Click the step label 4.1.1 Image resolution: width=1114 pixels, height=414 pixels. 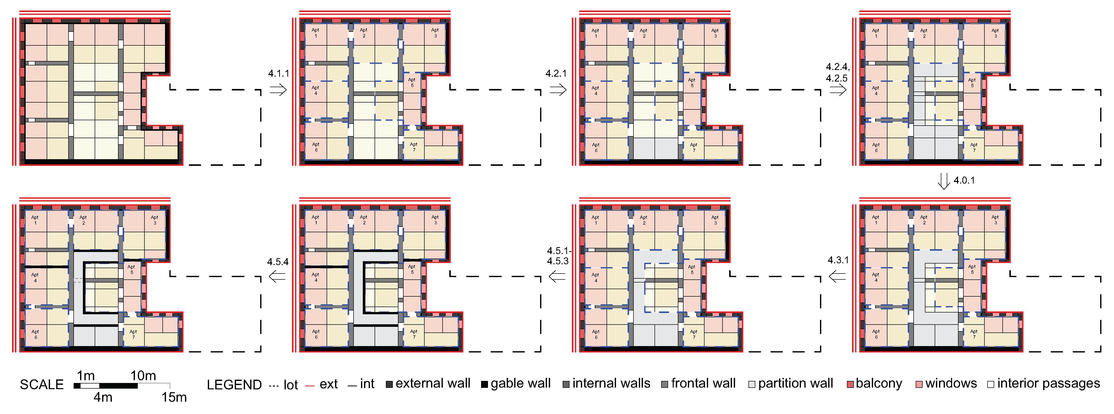tap(279, 74)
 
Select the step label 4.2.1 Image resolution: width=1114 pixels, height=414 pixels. tap(556, 74)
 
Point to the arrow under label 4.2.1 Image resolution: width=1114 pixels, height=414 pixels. tap(558, 90)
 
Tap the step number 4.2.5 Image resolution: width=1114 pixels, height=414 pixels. tap(837, 78)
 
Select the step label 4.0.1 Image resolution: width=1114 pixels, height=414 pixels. tap(964, 180)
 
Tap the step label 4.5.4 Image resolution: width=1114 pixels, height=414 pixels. tap(278, 261)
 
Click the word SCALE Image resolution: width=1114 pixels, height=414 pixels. tap(42, 385)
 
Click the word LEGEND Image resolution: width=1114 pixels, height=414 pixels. tap(234, 385)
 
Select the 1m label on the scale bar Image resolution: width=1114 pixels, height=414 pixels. tap(86, 376)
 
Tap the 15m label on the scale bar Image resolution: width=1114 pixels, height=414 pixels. tap(174, 397)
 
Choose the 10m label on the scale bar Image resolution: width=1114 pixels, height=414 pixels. tap(143, 376)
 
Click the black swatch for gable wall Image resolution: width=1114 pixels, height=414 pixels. tap(484, 384)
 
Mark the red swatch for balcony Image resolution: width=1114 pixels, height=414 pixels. tap(850, 384)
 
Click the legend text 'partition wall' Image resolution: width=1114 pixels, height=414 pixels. tap(795, 383)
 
